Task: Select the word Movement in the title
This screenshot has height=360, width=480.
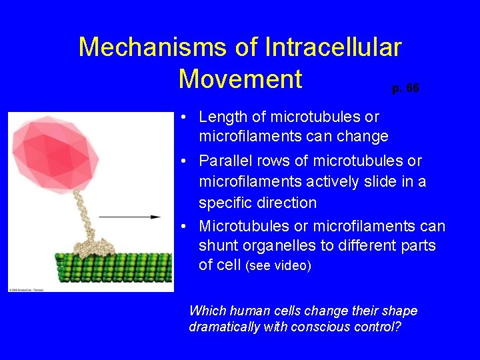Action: tap(240, 79)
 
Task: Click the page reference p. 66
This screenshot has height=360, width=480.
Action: tap(405, 88)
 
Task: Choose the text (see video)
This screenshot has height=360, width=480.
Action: tap(278, 266)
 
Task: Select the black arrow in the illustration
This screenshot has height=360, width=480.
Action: tap(129, 217)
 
